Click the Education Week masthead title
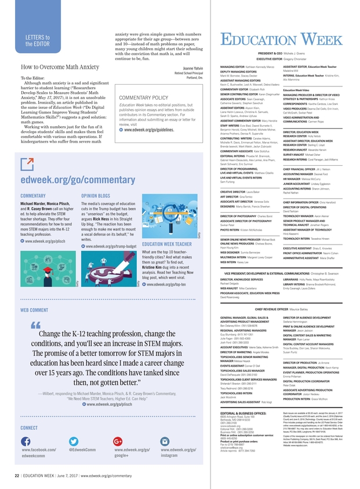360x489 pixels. coord(281,39)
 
